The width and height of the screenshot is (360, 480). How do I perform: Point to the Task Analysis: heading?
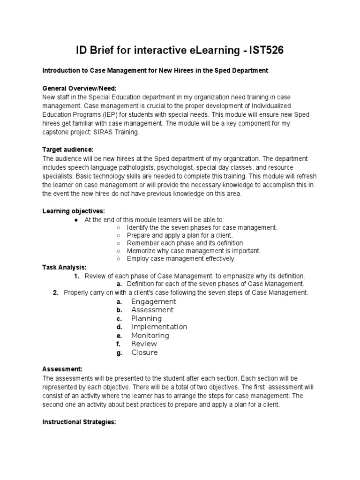click(64, 267)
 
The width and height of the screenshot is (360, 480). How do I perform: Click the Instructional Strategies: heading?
click(79, 422)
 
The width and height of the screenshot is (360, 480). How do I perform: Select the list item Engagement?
click(154, 301)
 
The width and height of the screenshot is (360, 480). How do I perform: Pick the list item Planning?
click(146, 318)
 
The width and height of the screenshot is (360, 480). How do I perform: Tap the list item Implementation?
click(159, 327)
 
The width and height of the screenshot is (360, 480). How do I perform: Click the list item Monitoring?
click(150, 336)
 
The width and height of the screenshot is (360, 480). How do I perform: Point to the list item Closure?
click(144, 352)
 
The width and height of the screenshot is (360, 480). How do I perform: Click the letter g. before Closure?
click(120, 353)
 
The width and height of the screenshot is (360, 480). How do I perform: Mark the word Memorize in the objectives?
click(141, 251)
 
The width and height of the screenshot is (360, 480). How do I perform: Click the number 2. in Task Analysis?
click(55, 292)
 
